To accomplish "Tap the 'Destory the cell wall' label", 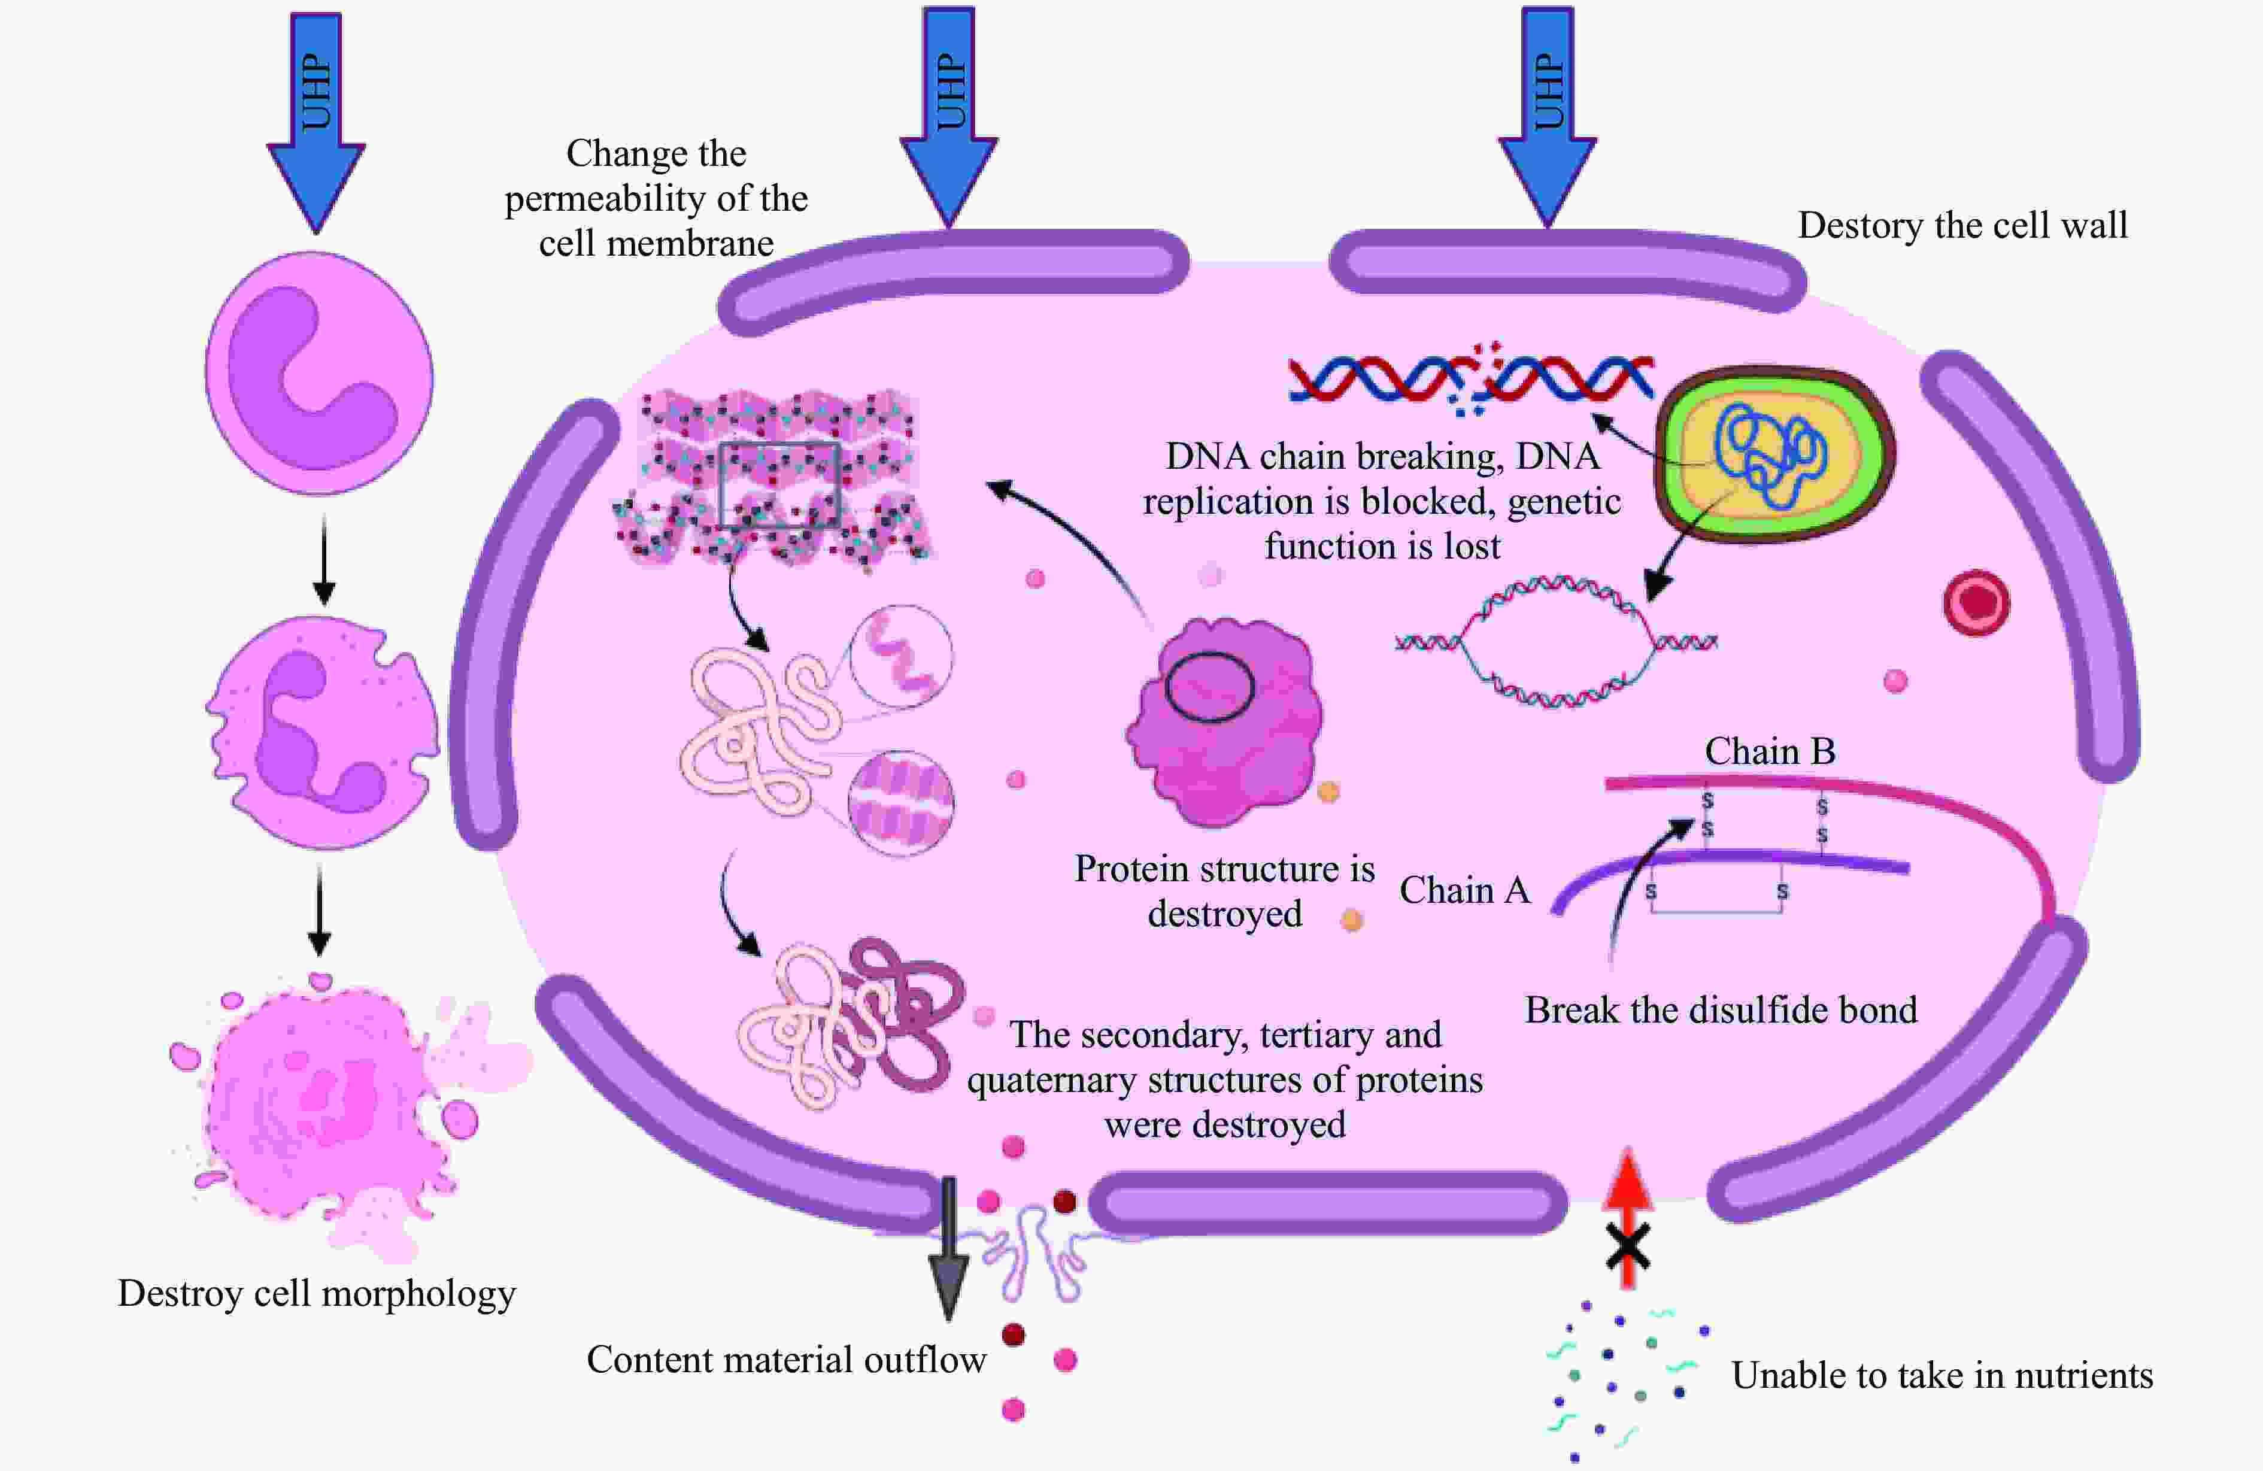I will tap(1962, 225).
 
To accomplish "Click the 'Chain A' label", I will tap(1464, 891).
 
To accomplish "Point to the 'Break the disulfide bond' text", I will tap(1721, 1010).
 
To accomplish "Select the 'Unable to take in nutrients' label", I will tap(1942, 1376).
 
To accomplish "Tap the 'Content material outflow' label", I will tap(786, 1360).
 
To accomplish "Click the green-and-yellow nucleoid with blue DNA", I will tap(1774, 454).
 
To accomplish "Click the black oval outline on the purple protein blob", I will tap(1209, 686).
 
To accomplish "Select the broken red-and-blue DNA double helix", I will tap(1470, 378).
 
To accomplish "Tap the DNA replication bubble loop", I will tap(1555, 643).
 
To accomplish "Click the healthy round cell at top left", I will tap(320, 373).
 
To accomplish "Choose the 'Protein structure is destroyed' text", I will tap(1225, 891).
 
